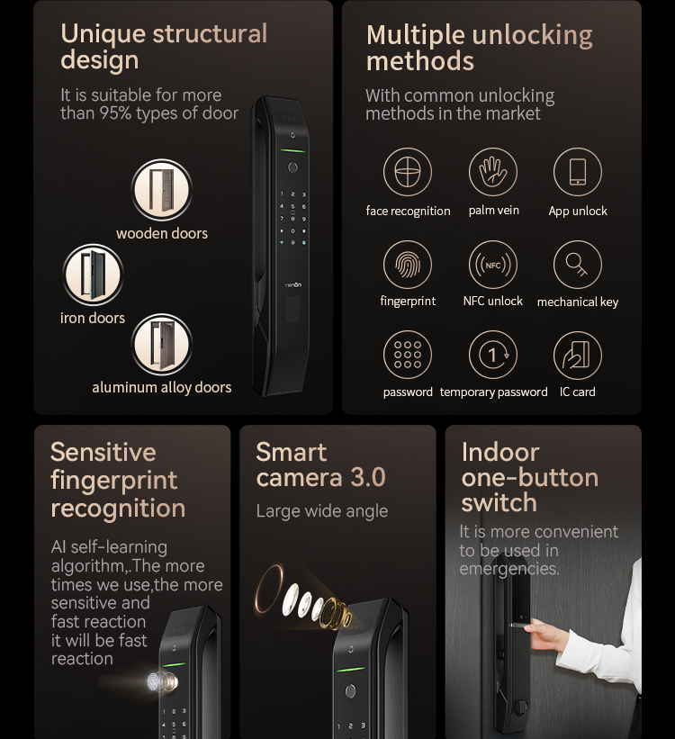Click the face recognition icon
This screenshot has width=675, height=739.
[408, 172]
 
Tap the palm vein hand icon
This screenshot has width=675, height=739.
[492, 172]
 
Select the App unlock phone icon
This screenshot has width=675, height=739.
[578, 172]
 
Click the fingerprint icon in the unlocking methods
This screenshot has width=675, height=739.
[408, 265]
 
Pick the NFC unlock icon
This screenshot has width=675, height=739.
[492, 265]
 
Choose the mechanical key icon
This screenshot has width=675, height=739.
[578, 265]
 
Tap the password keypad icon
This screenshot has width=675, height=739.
[408, 355]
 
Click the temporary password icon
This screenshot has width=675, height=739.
[492, 355]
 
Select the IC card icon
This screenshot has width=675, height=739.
[578, 355]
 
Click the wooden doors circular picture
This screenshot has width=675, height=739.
[162, 190]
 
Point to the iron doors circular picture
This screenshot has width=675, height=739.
[93, 275]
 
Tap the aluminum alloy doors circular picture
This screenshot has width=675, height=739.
[162, 345]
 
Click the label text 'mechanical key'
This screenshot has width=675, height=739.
[578, 302]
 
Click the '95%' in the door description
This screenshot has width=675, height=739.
[115, 113]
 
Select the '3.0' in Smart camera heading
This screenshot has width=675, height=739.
[368, 477]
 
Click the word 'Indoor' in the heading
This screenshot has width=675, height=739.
[500, 453]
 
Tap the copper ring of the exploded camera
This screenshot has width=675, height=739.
[268, 588]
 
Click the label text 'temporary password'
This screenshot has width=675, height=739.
[493, 392]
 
